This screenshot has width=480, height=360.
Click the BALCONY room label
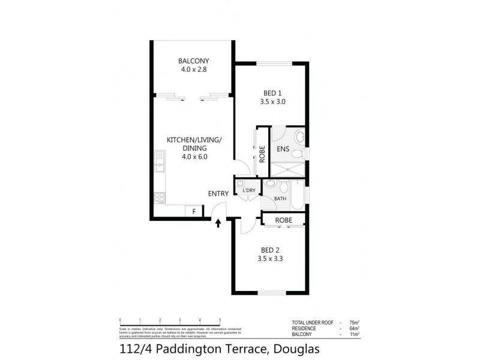click(193, 61)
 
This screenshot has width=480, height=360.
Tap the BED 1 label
click(273, 92)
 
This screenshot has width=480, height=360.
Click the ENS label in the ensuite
click(283, 150)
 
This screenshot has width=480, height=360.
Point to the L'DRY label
click(249, 191)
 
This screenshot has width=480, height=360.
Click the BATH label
click(280, 199)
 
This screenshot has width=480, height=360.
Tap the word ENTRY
click(218, 193)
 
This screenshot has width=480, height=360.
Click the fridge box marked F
click(194, 211)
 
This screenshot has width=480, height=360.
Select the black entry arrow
click(218, 223)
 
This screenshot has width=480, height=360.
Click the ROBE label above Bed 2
click(284, 221)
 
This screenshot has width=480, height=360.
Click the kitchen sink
click(159, 161)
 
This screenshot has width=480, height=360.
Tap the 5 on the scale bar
click(220, 319)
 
